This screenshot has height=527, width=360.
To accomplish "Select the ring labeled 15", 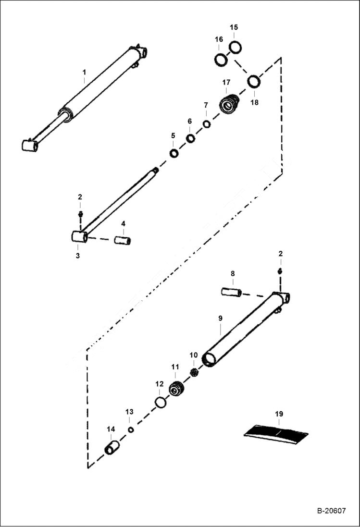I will pyautogui.click(x=235, y=47).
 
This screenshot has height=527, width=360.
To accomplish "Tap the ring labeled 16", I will pyautogui.click(x=221, y=60).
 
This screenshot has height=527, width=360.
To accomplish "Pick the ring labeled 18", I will pyautogui.click(x=254, y=82).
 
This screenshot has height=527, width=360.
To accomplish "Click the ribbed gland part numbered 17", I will pyautogui.click(x=229, y=104).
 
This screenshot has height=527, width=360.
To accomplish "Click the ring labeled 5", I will pyautogui.click(x=174, y=154).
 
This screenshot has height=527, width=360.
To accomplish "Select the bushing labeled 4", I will pyautogui.click(x=123, y=239).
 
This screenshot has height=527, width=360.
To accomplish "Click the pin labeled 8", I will pyautogui.click(x=230, y=292).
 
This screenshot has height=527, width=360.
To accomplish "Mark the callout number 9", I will pyautogui.click(x=220, y=318).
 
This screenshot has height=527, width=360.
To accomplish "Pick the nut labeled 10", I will pyautogui.click(x=195, y=372).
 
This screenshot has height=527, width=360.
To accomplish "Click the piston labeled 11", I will pyautogui.click(x=177, y=388).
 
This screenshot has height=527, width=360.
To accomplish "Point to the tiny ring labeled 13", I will pyautogui.click(x=131, y=429).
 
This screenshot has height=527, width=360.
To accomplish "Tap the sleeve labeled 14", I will pyautogui.click(x=112, y=448).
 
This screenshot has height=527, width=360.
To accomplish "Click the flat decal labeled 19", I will pyautogui.click(x=276, y=431).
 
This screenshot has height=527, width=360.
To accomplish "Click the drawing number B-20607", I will pyautogui.click(x=331, y=511).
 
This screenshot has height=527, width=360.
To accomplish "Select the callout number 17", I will pyautogui.click(x=226, y=83).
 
